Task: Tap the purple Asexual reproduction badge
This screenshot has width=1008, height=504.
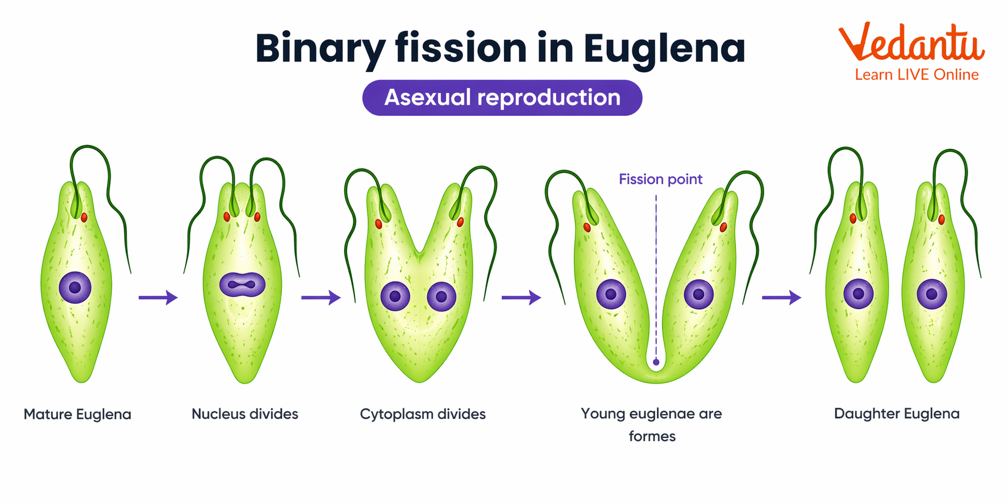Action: click(502, 98)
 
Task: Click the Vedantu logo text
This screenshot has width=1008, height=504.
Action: click(911, 43)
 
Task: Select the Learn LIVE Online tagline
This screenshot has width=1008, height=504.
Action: click(917, 74)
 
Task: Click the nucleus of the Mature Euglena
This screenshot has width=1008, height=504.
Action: click(75, 287)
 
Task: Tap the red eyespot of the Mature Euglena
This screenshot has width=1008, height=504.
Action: click(84, 217)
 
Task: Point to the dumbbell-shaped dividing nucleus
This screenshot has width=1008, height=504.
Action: click(243, 285)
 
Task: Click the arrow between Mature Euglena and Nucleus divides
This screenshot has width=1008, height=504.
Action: click(158, 297)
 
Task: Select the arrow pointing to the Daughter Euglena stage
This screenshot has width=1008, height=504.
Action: click(781, 297)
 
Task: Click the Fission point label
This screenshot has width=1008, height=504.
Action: click(660, 180)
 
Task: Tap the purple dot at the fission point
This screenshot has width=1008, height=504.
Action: click(656, 362)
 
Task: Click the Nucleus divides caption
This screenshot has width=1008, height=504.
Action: click(245, 414)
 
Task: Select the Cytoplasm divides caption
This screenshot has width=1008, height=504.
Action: click(423, 414)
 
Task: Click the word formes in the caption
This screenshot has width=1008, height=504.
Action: click(652, 436)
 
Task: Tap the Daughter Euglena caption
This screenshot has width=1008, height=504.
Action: click(897, 413)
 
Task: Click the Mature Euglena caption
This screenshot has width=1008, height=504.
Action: click(77, 414)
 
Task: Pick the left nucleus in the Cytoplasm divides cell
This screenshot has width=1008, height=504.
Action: click(395, 296)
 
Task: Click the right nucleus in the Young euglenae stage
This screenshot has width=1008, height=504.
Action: click(699, 294)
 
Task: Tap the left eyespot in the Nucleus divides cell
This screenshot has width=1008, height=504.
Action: click(227, 216)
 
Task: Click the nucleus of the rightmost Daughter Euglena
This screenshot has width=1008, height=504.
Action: click(932, 294)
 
